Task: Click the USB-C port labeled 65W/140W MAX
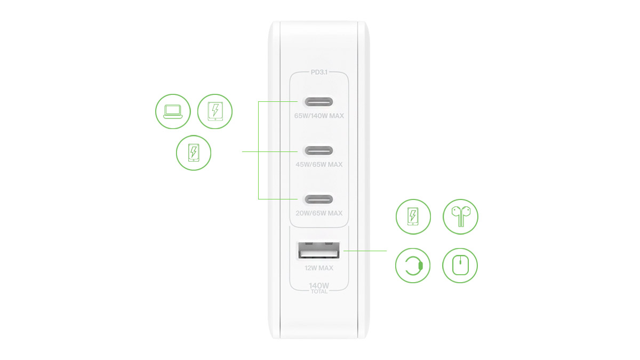pyautogui.click(x=319, y=102)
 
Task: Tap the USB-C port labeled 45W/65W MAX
pyautogui.click(x=319, y=150)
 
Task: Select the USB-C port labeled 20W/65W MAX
pyautogui.click(x=319, y=199)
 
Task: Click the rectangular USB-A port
pyautogui.click(x=319, y=251)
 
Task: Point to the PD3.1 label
pyautogui.click(x=319, y=73)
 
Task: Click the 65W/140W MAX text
pyautogui.click(x=319, y=116)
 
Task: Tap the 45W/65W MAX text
pyautogui.click(x=319, y=165)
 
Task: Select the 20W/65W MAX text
pyautogui.click(x=319, y=213)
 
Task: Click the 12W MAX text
pyautogui.click(x=319, y=268)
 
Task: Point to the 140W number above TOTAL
pyautogui.click(x=319, y=286)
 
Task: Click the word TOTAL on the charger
pyautogui.click(x=319, y=291)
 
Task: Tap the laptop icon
pyautogui.click(x=173, y=111)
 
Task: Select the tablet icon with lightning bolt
pyautogui.click(x=215, y=111)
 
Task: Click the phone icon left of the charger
pyautogui.click(x=194, y=153)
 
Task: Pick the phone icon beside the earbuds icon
pyautogui.click(x=413, y=217)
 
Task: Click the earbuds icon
pyautogui.click(x=460, y=217)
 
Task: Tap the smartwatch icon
pyautogui.click(x=413, y=266)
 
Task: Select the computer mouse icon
pyautogui.click(x=460, y=266)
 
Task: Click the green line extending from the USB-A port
pyautogui.click(x=365, y=251)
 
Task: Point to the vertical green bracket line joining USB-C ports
pyautogui.click(x=258, y=150)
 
